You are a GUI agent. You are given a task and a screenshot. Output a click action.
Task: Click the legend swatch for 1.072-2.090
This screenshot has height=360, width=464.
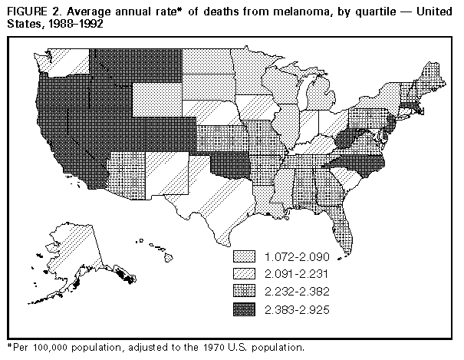click(243, 256)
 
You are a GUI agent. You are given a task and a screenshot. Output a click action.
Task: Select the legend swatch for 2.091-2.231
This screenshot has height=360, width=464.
click(243, 274)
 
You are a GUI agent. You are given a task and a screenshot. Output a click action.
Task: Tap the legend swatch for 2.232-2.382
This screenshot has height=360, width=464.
click(243, 292)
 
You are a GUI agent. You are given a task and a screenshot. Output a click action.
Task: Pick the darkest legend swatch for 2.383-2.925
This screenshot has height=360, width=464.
click(243, 309)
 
